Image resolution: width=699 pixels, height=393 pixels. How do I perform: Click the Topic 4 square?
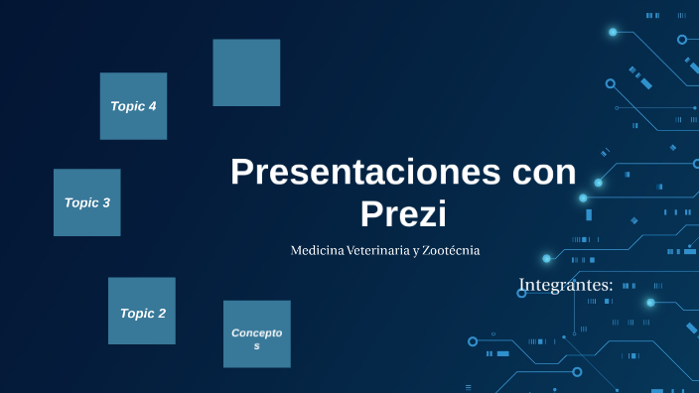[x=133, y=106]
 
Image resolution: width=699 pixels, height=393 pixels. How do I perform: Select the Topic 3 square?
[x=87, y=202]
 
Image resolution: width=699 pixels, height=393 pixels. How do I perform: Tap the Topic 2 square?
[x=142, y=312]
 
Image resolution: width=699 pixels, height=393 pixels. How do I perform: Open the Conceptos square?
[x=257, y=334]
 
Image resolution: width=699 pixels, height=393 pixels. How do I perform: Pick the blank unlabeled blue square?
[x=246, y=72]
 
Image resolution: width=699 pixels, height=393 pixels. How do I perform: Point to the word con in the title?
[x=543, y=172]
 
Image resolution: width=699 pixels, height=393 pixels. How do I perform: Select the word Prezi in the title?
[x=403, y=213]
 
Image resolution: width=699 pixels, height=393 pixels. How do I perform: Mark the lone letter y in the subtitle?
[x=416, y=252]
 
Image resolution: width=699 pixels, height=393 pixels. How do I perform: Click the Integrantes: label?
[x=566, y=286]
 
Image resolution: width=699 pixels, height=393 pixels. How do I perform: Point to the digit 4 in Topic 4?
[x=152, y=106]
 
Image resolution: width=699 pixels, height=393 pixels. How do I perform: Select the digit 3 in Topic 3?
[x=106, y=202]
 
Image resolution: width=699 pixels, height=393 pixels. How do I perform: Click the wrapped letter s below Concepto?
[x=257, y=345]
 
